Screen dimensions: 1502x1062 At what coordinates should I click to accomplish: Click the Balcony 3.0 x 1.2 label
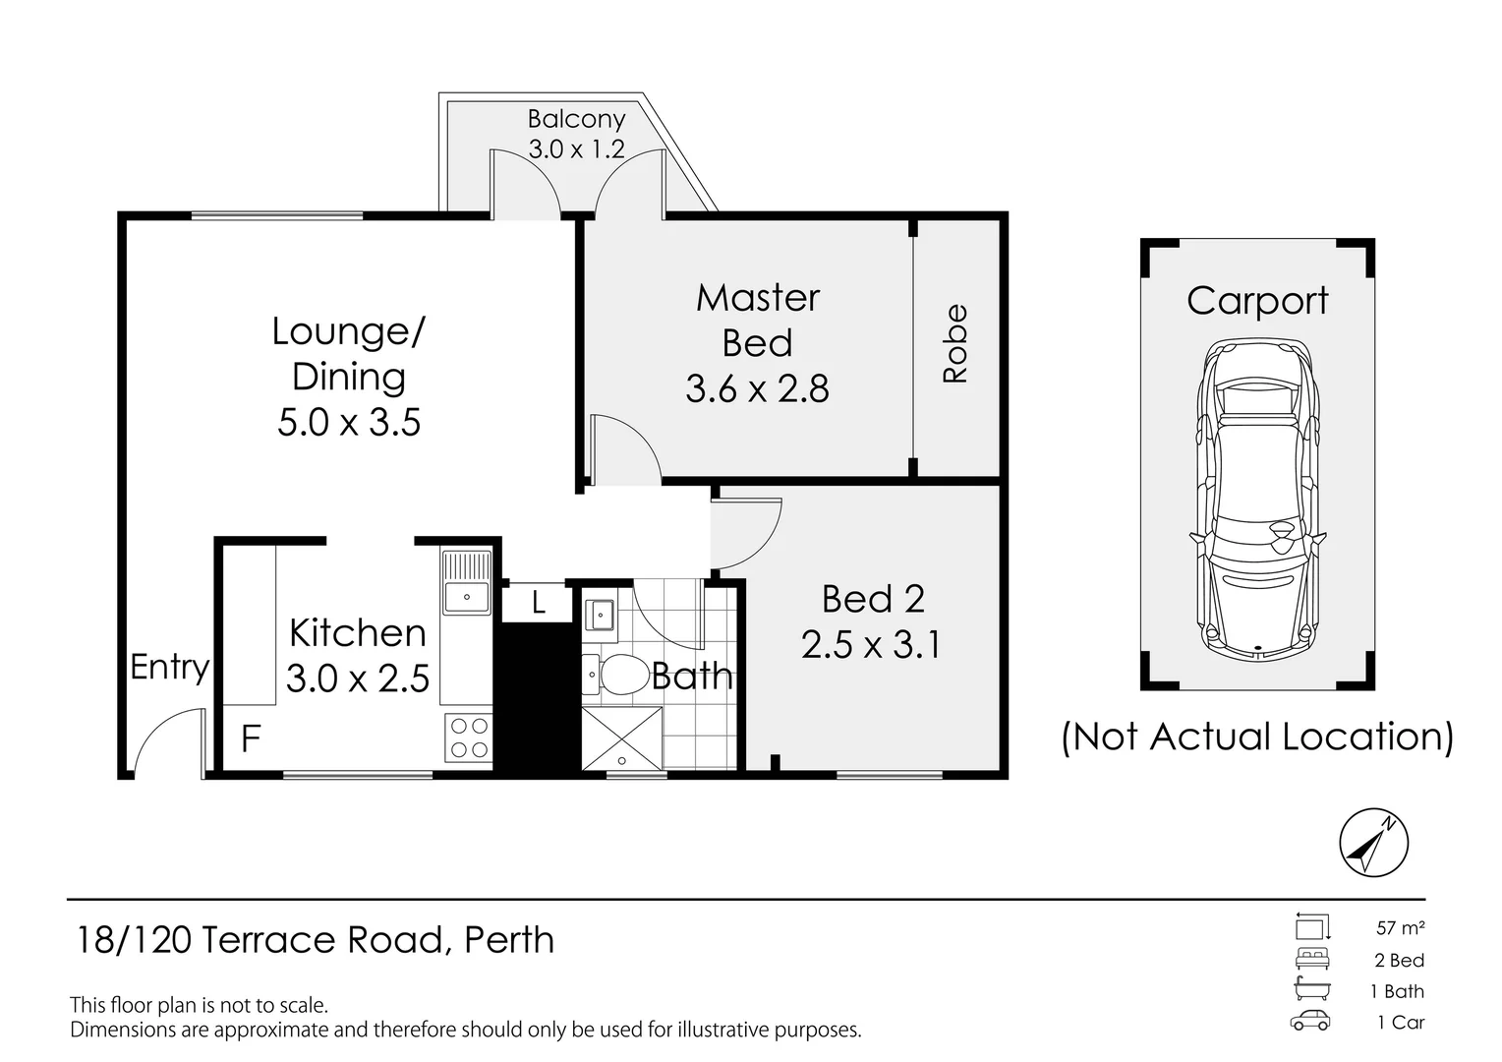pos(576,135)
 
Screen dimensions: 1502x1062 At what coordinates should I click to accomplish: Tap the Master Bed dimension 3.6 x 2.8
pos(757,389)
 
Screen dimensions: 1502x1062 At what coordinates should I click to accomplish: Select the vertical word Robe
pos(954,343)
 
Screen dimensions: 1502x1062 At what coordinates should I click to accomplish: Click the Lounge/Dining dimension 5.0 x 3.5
pos(349,423)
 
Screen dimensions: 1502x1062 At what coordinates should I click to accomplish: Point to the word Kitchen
pos(358,633)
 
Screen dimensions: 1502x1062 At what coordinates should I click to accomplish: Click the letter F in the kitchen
pos(251,738)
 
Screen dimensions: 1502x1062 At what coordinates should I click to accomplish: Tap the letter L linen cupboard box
pos(537,603)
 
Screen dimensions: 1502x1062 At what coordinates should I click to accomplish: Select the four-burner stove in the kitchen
pos(468,737)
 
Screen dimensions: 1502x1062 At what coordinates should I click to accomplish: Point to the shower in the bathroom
pos(621,737)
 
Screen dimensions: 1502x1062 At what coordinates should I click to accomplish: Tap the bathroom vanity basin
pos(599,615)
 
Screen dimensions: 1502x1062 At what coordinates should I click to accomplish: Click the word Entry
pos(169,668)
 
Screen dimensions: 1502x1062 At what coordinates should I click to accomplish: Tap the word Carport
pos(1257,301)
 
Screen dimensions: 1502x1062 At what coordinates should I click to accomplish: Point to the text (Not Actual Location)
pos(1257,737)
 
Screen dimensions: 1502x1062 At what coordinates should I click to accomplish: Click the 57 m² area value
pos(1400,927)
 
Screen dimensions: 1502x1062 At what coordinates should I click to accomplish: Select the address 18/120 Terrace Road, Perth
pos(316,941)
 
